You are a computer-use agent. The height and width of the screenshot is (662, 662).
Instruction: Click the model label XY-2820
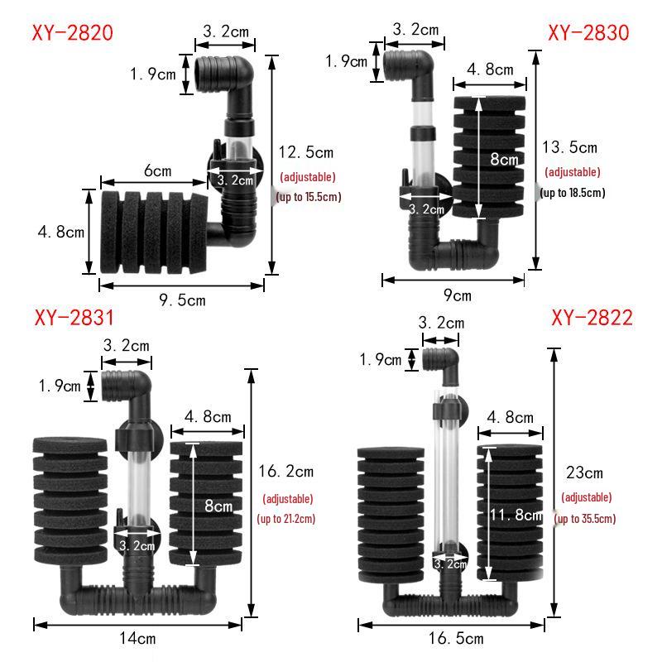[x=72, y=33]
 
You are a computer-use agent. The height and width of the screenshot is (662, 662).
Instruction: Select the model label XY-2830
[x=588, y=33]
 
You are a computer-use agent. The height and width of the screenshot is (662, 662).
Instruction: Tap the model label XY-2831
[x=74, y=319]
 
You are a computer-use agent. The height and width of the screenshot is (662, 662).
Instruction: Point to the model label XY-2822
[x=592, y=319]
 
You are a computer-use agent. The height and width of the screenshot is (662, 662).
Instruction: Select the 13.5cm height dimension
[x=569, y=148]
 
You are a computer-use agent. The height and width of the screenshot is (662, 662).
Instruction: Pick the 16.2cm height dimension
[x=287, y=472]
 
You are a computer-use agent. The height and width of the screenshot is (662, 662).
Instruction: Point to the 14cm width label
[x=137, y=638]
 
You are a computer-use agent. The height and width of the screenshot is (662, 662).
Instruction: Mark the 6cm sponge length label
[x=157, y=171]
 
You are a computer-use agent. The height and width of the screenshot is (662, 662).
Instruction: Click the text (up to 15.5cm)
[x=309, y=197]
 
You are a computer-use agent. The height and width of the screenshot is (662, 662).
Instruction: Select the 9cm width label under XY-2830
[x=454, y=295]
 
